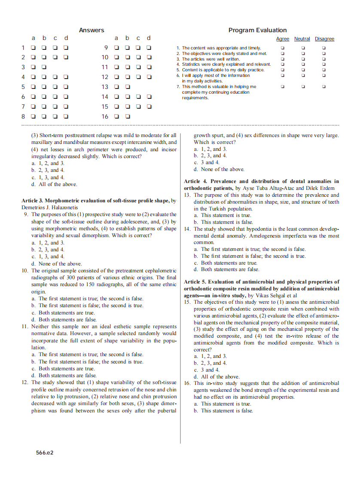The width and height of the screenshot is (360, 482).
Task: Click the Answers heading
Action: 92,30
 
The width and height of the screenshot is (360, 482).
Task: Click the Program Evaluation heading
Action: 257,30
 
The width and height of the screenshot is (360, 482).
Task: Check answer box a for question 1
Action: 33,48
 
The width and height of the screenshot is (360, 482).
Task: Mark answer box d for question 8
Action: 66,116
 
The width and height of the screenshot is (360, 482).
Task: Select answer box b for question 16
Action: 128,116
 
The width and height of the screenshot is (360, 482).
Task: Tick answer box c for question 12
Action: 138,77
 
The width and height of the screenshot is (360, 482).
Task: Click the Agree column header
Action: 282,39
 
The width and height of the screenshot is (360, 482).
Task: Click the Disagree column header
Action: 324,39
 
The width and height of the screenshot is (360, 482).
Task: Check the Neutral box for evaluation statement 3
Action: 303,59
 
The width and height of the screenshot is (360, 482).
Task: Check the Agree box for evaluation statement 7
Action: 282,86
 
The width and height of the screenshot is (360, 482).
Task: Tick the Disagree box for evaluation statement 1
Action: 324,48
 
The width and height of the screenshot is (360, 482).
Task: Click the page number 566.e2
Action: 45,452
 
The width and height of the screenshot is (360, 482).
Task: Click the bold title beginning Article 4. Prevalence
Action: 261,181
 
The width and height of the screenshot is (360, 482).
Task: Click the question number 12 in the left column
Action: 25,382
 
